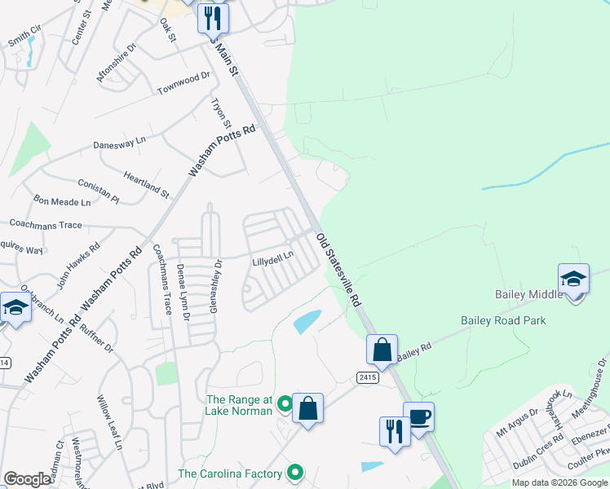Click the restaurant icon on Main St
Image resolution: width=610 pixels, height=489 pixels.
coord(213,18)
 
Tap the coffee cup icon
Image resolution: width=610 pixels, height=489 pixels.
coord(418,418)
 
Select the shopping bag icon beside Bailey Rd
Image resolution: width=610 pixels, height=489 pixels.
coord(382,350)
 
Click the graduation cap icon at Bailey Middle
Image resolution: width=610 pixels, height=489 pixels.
coord(573,280)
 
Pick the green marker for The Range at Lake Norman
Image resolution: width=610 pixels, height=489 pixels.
coord(285,403)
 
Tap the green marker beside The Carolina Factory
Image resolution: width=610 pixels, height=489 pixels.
coord(295,473)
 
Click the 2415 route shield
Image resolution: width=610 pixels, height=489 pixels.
coord(366,377)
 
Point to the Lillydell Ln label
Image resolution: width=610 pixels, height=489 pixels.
coord(272,262)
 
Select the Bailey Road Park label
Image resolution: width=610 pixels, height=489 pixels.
coord(503,320)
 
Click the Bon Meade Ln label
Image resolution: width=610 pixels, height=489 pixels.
coord(62,200)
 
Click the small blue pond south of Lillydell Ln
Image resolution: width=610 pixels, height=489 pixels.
coord(307,321)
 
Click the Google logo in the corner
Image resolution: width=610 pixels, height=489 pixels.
coord(28,479)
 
